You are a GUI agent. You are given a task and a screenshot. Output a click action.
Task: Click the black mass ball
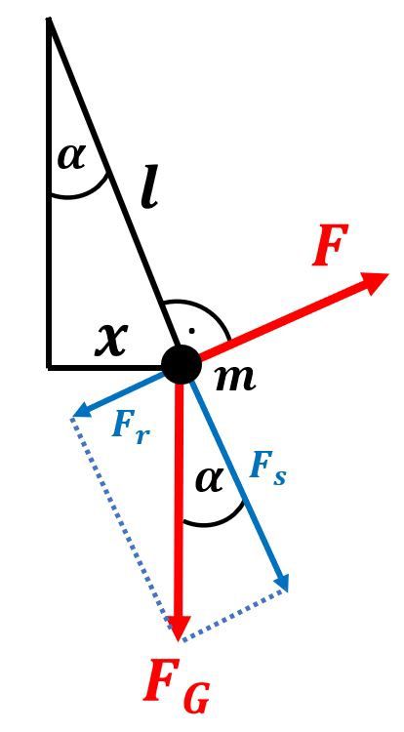(181, 365)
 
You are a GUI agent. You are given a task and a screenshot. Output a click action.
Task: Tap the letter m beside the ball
(235, 377)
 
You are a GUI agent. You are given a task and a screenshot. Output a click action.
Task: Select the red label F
(330, 245)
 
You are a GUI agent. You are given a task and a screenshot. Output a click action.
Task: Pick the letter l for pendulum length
(149, 189)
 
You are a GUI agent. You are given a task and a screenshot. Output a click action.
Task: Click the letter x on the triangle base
(111, 340)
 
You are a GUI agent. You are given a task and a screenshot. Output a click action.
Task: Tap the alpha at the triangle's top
(72, 157)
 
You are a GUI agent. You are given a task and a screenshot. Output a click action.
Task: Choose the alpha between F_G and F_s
(209, 481)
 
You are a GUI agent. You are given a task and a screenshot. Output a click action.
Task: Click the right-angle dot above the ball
(191, 331)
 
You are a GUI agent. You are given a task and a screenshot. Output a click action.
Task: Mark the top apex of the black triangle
(49, 19)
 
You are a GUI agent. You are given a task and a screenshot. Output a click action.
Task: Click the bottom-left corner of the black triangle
(49, 367)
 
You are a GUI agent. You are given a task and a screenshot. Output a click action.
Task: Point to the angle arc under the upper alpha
(83, 194)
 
